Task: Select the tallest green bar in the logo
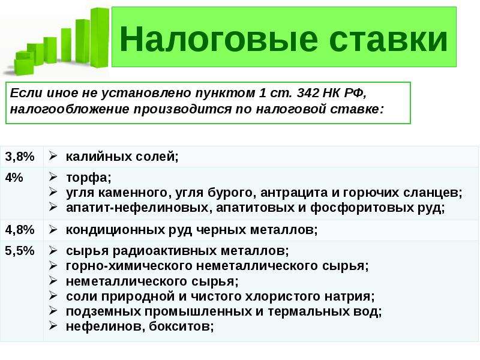100,38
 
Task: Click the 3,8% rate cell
20,157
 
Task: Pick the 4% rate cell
14,178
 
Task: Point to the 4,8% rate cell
20,230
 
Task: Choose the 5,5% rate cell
20,251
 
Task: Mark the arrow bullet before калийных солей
53,156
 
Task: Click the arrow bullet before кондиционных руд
53,229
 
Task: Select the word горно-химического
129,266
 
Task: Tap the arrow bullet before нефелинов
53,325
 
